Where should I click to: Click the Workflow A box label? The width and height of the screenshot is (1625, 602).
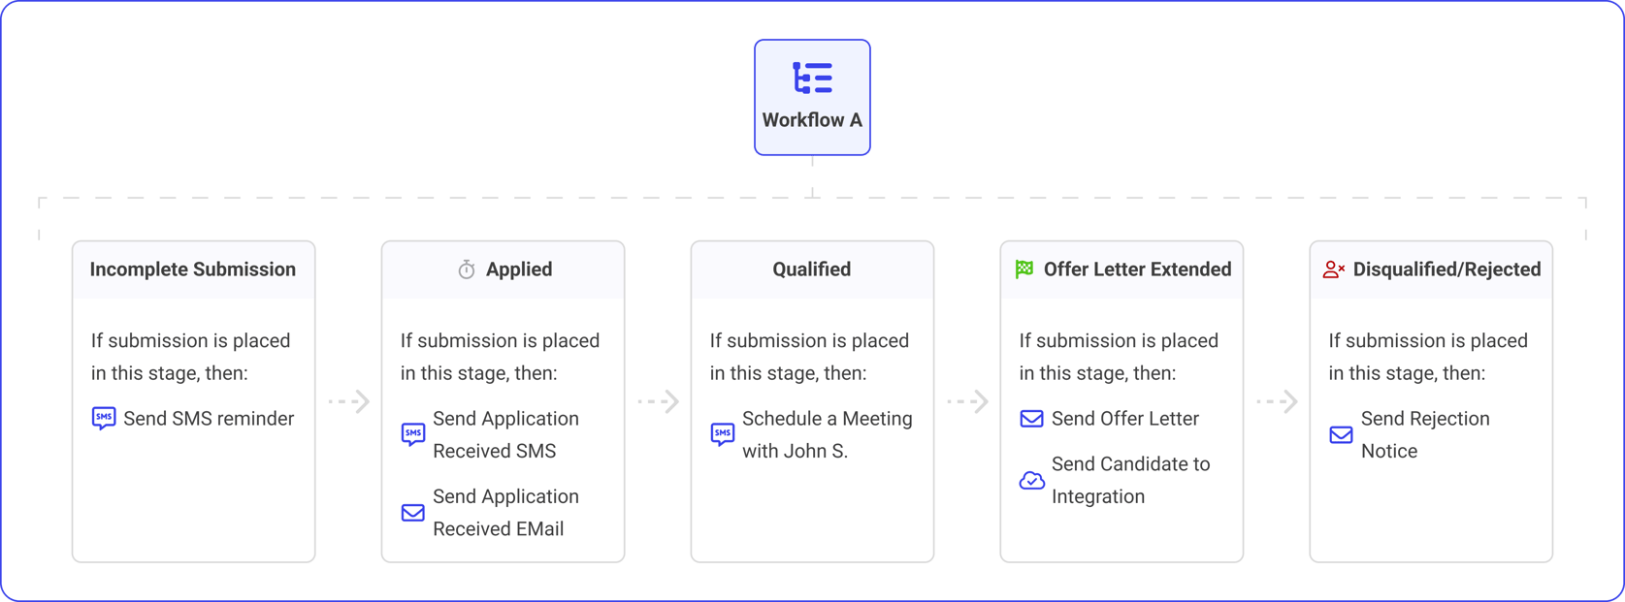point(812,120)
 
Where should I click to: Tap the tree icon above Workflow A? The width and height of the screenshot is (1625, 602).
point(812,78)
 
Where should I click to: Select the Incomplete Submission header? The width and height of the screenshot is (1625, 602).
point(193,269)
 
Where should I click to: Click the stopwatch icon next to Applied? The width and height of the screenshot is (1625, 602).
point(467,269)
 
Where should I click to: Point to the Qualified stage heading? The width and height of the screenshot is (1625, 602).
point(812,269)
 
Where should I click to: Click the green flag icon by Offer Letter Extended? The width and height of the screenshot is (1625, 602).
point(1024,269)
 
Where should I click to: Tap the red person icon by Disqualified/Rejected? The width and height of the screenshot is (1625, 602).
point(1334,269)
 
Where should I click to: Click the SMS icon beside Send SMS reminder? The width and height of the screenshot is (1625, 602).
point(104,419)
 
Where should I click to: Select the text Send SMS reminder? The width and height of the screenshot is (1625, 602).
point(209,419)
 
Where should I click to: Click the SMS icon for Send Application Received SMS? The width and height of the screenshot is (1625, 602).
point(413,434)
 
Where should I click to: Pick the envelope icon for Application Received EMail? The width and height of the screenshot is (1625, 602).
point(413,512)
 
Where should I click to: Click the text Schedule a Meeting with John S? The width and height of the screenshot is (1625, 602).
point(827,434)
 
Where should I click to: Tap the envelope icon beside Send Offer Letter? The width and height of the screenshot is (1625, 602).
point(1032,419)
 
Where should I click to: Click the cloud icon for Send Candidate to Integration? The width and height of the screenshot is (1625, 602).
point(1032,480)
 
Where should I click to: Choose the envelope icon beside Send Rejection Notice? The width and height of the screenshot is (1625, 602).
point(1342,434)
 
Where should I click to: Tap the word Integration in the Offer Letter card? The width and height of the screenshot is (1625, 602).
point(1098,496)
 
